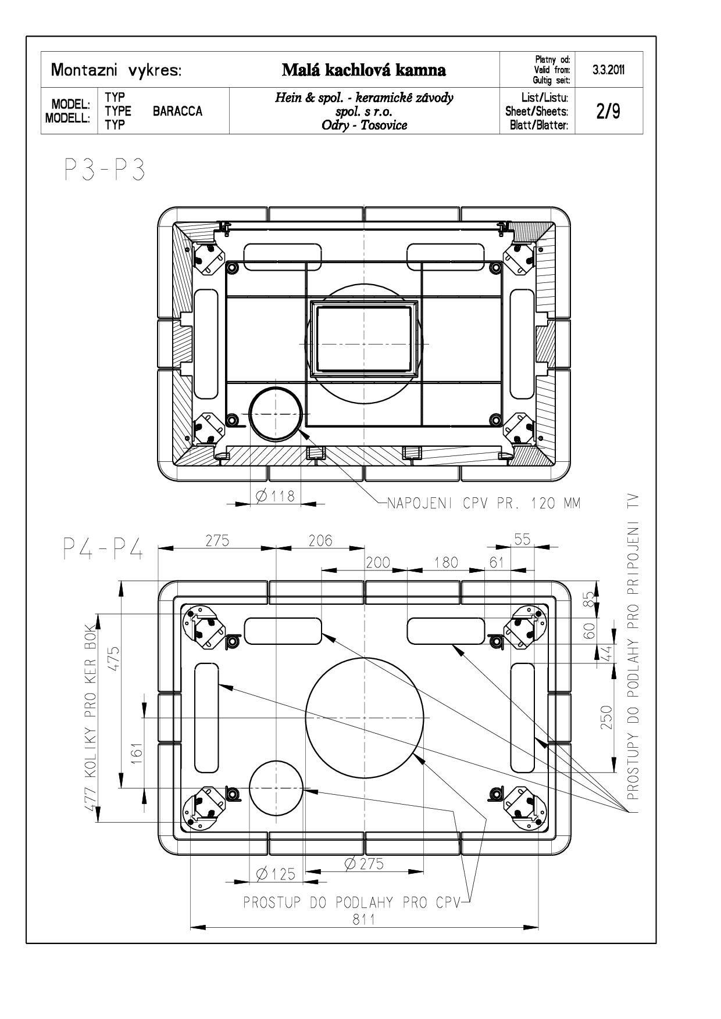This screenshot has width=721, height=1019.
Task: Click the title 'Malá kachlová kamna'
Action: coord(364,70)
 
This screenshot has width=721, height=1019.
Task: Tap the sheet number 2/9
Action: coord(608,111)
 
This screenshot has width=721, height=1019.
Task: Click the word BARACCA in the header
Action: coord(178,111)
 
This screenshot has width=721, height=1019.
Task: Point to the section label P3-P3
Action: coord(103,171)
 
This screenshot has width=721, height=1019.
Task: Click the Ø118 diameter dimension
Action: coord(275,496)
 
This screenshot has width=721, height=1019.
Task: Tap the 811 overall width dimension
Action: coord(365,918)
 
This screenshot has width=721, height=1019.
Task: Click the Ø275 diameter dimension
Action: coord(364,863)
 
